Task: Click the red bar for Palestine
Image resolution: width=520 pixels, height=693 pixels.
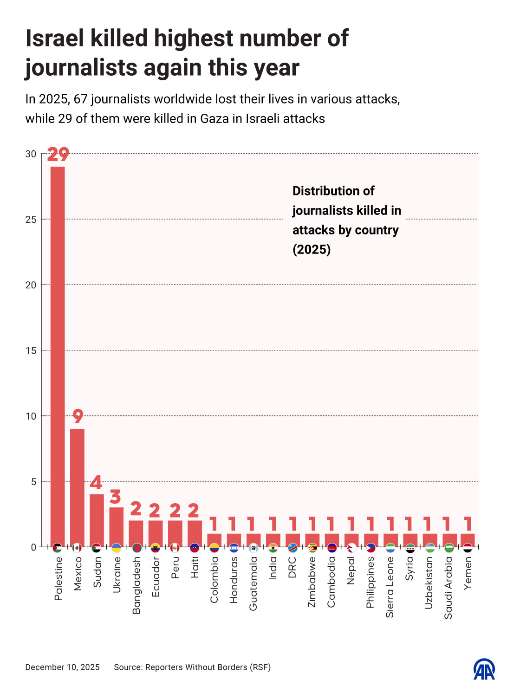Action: click(58, 355)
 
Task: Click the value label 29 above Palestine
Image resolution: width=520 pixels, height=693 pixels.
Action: click(58, 155)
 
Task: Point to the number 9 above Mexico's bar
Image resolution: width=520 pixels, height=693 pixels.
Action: click(78, 416)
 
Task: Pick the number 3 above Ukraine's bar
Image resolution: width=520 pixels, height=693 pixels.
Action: click(116, 497)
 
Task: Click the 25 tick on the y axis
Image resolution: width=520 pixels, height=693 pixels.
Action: click(31, 220)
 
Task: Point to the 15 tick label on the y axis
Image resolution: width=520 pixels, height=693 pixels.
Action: click(31, 351)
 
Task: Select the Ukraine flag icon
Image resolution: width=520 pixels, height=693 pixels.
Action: click(116, 548)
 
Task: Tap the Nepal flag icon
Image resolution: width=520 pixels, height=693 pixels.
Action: click(351, 548)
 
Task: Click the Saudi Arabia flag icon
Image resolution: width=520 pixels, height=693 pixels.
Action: click(448, 548)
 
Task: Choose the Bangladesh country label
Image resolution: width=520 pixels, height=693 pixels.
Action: click(136, 585)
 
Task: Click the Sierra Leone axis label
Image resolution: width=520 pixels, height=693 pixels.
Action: click(390, 587)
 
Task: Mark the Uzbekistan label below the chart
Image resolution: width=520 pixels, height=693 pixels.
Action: click(429, 583)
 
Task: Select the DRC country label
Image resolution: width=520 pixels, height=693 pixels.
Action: click(292, 567)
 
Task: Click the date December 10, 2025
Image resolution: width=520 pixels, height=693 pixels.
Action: click(62, 667)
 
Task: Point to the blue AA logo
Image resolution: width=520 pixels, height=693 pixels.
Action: click(484, 669)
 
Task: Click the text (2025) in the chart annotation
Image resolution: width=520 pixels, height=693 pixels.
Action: click(312, 250)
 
